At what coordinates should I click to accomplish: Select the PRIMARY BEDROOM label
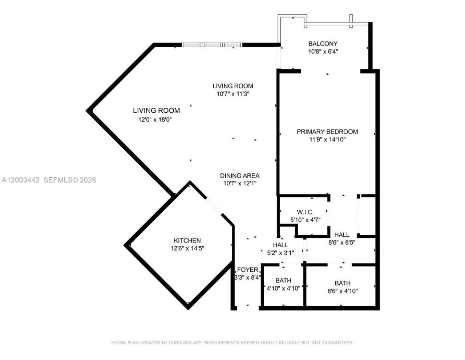click(327, 132)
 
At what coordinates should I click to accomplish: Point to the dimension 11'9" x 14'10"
click(327, 139)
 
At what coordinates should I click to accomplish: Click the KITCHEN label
click(187, 241)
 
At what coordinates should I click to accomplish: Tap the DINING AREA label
click(239, 176)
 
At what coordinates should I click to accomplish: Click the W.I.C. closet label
click(305, 212)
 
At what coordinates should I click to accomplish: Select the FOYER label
click(247, 270)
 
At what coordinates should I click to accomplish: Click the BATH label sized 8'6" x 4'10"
click(342, 283)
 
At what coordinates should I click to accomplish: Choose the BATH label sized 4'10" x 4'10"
click(283, 281)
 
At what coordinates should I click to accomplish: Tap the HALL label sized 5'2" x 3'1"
click(280, 245)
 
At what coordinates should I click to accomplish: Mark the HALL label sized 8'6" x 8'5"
click(341, 235)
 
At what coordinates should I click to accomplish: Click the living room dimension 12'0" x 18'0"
click(154, 120)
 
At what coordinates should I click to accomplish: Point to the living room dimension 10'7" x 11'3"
click(232, 94)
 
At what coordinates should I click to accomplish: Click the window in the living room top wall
click(212, 45)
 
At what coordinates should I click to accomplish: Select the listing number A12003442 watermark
click(20, 180)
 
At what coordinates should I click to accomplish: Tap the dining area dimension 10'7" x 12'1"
click(239, 184)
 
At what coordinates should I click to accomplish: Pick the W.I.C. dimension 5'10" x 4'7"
click(305, 220)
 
